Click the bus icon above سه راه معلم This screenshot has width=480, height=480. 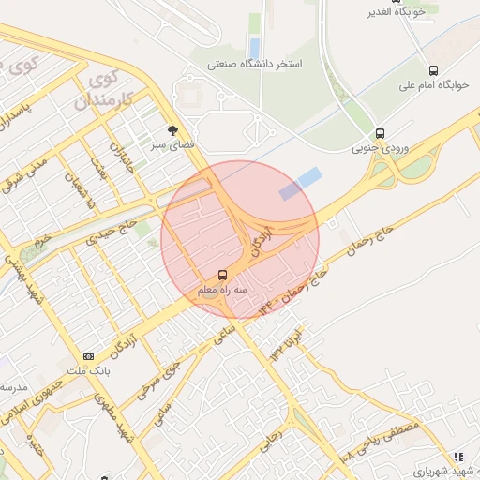[x=222, y=276]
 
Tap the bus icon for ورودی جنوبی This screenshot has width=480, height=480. [x=380, y=134]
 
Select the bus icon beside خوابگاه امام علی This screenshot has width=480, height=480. [x=432, y=70]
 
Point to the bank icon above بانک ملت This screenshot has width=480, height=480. [x=89, y=356]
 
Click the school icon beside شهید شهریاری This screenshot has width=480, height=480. [x=458, y=457]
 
